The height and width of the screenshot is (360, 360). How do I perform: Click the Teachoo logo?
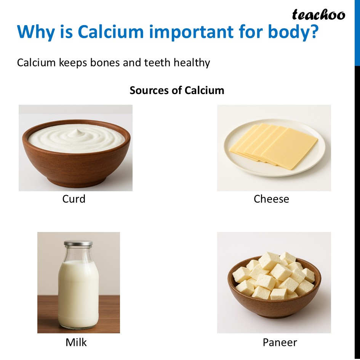tap(318, 15)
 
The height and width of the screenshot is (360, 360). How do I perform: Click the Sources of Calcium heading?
tap(177, 90)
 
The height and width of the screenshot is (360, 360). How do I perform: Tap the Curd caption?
tap(74, 199)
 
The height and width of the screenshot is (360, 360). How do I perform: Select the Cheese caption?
tap(271, 199)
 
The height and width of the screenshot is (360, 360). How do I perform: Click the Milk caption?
tap(76, 342)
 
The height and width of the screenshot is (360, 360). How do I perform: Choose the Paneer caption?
tap(280, 342)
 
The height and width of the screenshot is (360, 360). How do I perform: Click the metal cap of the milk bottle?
tap(78, 243)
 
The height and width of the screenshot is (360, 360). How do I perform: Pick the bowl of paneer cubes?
tap(274, 297)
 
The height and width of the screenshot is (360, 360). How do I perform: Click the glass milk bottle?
tap(78, 290)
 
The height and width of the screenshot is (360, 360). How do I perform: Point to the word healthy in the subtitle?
tap(192, 62)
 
